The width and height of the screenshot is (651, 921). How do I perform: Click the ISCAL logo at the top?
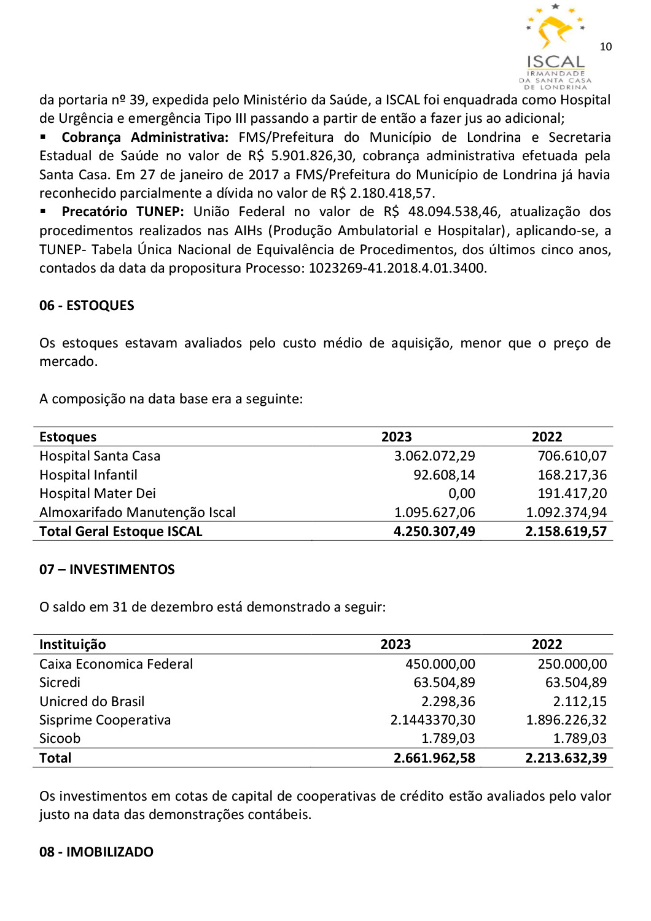[x=555, y=46]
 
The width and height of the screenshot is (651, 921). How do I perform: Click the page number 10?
[x=606, y=47]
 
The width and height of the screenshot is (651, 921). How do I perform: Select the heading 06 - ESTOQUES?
[x=87, y=305]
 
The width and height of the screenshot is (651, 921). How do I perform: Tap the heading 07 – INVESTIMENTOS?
[x=107, y=569]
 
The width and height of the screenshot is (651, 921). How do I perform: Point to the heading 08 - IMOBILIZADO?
[x=96, y=852]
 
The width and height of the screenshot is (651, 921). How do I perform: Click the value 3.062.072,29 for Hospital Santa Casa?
[x=434, y=456]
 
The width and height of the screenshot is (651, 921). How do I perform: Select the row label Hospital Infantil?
[x=88, y=475]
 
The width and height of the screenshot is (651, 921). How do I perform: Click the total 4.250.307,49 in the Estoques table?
[x=434, y=531]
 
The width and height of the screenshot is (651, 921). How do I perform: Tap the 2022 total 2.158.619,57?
[x=566, y=531]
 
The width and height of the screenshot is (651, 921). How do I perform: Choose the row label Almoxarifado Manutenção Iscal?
[x=138, y=512]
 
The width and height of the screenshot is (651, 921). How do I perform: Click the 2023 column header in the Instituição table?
[x=396, y=644]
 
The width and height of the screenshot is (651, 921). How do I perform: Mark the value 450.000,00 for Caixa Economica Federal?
[x=440, y=664]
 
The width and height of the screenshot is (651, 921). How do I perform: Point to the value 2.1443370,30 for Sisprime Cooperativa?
[x=432, y=720]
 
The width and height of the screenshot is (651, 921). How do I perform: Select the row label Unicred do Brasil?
[x=92, y=701]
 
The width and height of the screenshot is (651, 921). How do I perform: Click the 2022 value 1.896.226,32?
[x=566, y=720]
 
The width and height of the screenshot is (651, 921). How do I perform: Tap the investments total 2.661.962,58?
[x=434, y=758]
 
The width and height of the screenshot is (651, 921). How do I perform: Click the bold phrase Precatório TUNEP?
[x=123, y=211]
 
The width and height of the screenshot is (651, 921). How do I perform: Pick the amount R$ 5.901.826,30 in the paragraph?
[x=300, y=155]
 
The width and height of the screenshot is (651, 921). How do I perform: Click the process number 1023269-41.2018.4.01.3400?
[x=397, y=268]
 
